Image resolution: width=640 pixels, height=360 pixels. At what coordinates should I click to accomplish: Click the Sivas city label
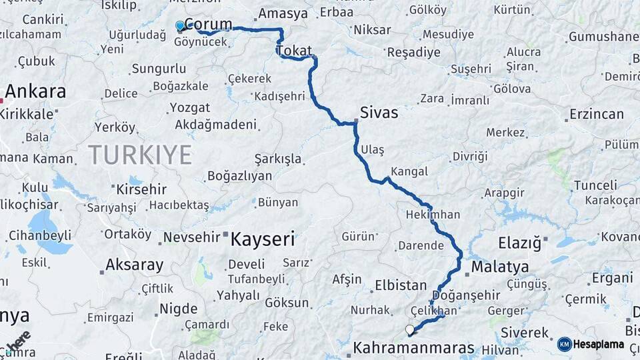coord(379,113)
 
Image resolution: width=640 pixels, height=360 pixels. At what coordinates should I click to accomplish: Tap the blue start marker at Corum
coord(180,26)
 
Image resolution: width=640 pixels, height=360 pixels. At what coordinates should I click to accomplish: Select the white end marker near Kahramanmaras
coord(410,329)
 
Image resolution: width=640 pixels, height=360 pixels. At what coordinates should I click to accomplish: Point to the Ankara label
coord(35,91)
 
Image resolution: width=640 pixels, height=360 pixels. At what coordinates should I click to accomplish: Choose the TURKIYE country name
coord(140,155)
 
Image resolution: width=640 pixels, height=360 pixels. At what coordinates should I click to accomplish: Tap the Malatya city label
coord(500,267)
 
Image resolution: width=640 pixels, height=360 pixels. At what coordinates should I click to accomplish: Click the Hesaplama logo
coord(590,344)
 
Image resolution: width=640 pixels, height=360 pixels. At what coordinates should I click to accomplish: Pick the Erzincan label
coord(597,115)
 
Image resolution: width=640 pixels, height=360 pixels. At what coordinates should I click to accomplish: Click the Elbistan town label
coord(401,285)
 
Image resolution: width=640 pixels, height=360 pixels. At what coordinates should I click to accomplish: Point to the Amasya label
coord(283,13)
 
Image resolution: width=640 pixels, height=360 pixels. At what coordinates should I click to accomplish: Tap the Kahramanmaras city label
coord(413,348)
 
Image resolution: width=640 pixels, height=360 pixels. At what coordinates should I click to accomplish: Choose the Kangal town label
coord(409,171)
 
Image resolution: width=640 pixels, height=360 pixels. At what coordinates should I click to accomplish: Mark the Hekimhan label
coord(433,215)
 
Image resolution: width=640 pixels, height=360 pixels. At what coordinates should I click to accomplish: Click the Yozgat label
coord(190,107)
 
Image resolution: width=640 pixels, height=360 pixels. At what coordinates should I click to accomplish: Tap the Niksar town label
coord(372,30)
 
